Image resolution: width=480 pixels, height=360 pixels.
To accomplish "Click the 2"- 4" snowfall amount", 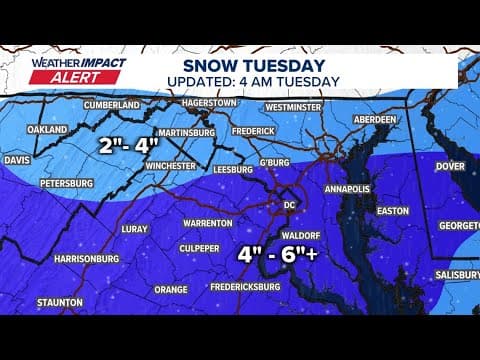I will tap(132, 143).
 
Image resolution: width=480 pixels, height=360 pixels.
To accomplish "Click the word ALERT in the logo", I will tap(56, 81).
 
